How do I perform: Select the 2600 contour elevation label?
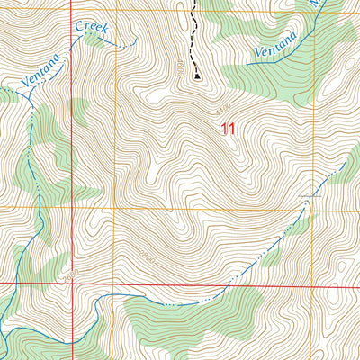pyautogui.click(x=71, y=273)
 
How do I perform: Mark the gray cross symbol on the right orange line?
pyautogui.click(x=314, y=193)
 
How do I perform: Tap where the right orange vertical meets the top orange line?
pyautogui.click(x=314, y=12)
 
